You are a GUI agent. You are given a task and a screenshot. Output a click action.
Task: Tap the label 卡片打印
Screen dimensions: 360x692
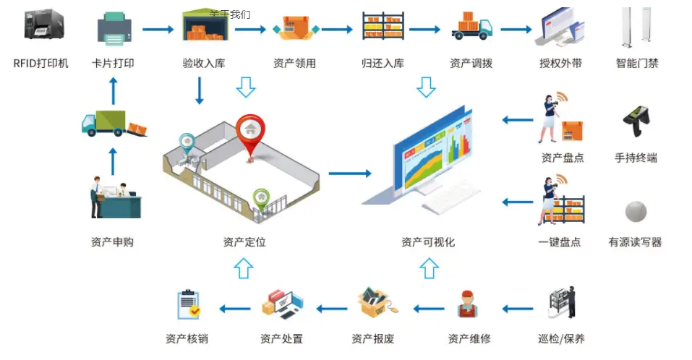pyautogui.click(x=114, y=64)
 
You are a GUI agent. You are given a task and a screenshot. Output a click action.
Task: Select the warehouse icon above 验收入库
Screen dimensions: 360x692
pyautogui.click(x=204, y=27)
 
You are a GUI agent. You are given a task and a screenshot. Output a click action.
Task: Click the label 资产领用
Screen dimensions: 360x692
pyautogui.click(x=294, y=64)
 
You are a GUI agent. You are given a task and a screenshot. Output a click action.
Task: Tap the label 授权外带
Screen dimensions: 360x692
pyautogui.click(x=560, y=64)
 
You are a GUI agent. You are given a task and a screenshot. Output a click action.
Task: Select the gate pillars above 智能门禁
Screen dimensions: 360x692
pyautogui.click(x=636, y=27)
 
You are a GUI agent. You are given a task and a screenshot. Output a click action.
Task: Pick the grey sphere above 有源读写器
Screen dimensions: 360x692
pyautogui.click(x=636, y=212)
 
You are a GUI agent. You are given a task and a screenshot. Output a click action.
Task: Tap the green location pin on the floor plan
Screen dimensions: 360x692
pyautogui.click(x=261, y=197)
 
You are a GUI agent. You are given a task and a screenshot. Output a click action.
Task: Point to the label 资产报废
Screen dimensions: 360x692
pyautogui.click(x=372, y=338)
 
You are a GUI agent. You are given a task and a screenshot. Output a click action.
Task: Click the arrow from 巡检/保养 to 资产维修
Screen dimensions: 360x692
pyautogui.click(x=518, y=309)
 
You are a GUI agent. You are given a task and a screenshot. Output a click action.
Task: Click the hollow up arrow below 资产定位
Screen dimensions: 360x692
pyautogui.click(x=244, y=269)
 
